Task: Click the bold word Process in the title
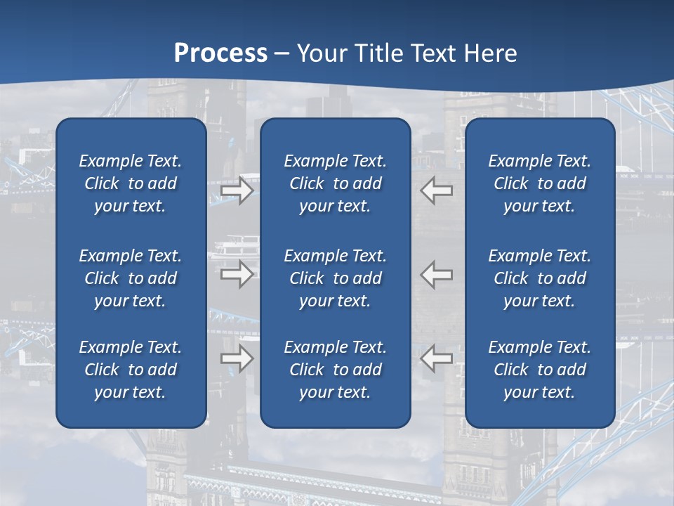(x=220, y=53)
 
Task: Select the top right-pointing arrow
(x=237, y=190)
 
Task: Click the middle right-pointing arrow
(x=237, y=274)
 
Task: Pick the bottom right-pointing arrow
(x=237, y=358)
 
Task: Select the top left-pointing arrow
(x=437, y=190)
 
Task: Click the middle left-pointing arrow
(x=437, y=274)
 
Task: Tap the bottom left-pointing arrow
(x=437, y=358)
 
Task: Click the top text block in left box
(x=131, y=183)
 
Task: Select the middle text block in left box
(x=131, y=278)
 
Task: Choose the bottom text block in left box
(x=131, y=370)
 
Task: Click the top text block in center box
(x=335, y=183)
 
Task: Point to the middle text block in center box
(x=335, y=278)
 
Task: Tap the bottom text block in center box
(x=335, y=370)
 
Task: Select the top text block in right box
(x=539, y=183)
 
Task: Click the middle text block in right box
(x=539, y=278)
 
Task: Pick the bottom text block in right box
(x=539, y=370)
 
